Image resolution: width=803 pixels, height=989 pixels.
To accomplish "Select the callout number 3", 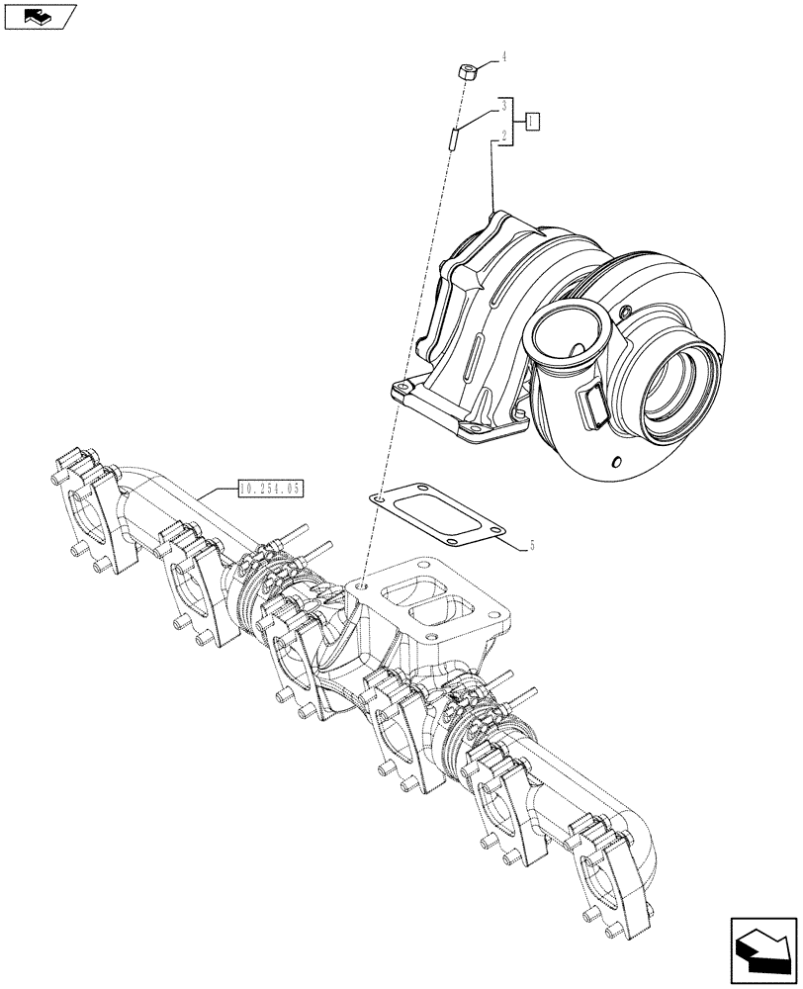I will pos(504,106).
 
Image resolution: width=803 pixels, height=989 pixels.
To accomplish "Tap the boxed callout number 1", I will pos(532,121).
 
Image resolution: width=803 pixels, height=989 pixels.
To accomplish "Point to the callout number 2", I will pos(504,136).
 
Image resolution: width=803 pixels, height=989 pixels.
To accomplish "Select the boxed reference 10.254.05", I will pos(269,488).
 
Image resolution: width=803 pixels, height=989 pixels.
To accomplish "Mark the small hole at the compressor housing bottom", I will pos(615,462).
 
